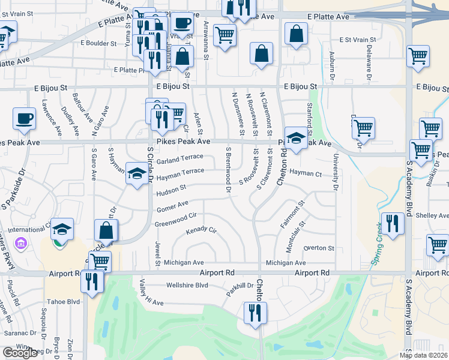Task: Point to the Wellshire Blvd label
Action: click(187, 285)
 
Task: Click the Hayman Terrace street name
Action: click(180, 175)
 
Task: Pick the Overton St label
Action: click(319, 248)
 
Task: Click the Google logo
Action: click(20, 353)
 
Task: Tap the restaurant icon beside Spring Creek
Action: click(393, 224)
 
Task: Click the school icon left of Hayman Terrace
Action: click(137, 175)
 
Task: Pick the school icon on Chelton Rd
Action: click(295, 139)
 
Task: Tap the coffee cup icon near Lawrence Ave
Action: click(25, 118)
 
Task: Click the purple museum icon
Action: click(22, 244)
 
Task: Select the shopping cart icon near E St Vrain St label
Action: click(418, 56)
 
